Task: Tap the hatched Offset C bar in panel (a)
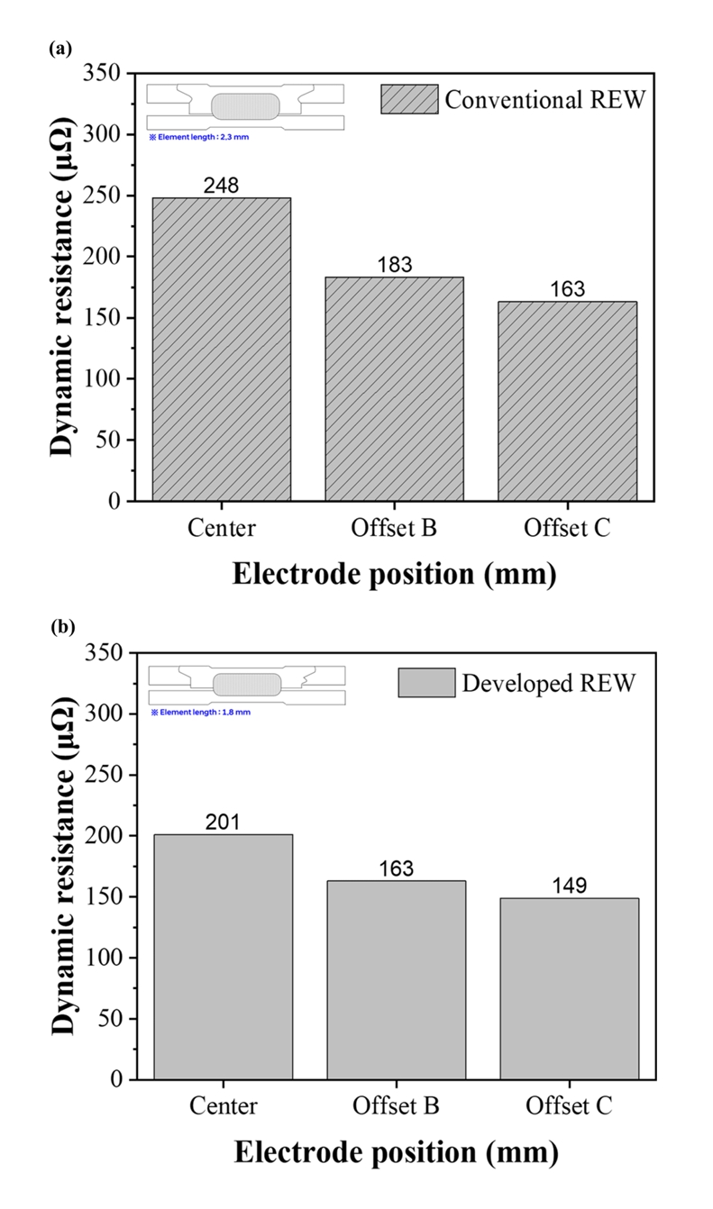coord(568,401)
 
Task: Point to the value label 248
coord(222,186)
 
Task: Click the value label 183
coord(395,266)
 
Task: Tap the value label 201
coord(223,823)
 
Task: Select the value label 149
coord(569,886)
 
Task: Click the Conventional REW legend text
coord(545,99)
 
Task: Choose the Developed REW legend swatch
coord(425,683)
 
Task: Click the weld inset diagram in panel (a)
coord(245,105)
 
